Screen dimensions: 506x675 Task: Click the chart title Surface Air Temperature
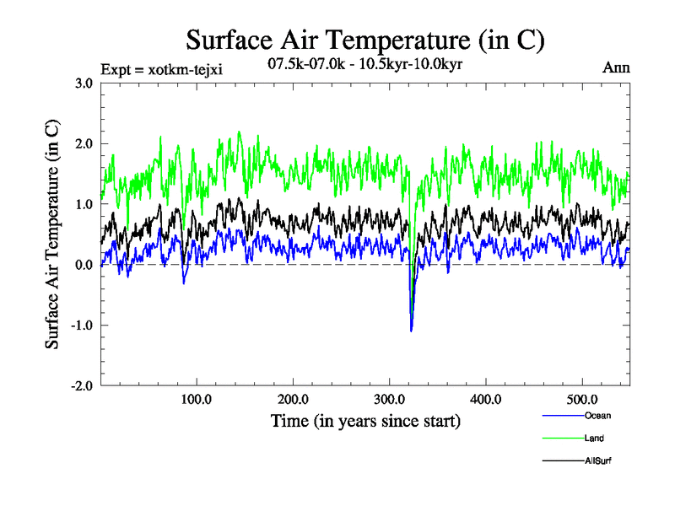[364, 40]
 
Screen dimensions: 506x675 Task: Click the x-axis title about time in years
[365, 420]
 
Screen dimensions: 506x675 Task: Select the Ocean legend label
[597, 416]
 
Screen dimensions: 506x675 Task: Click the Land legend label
[594, 438]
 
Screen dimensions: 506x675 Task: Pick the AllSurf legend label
[597, 460]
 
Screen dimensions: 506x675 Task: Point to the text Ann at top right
[615, 67]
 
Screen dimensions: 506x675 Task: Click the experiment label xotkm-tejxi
[161, 69]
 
